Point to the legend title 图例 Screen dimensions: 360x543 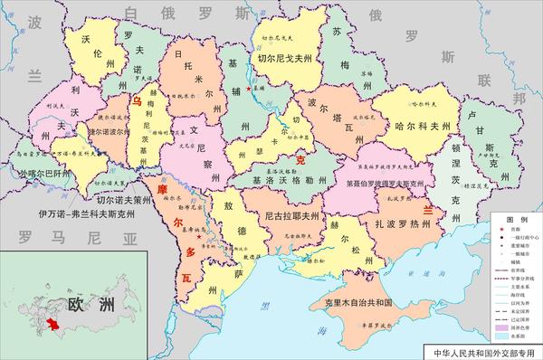519,220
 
